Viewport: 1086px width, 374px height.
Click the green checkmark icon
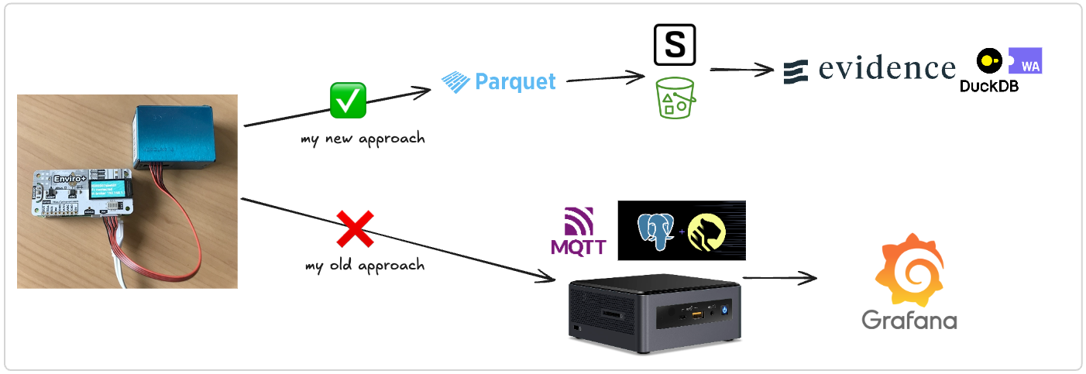coord(348,101)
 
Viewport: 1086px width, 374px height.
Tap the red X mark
coord(355,230)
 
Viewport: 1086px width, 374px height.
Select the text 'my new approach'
coord(363,139)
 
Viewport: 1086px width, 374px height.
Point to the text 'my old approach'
coord(365,266)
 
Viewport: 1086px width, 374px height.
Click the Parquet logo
coord(499,81)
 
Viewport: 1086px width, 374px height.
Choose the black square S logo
coord(675,45)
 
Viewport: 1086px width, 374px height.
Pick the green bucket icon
coord(675,98)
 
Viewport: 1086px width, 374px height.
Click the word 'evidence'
coord(887,69)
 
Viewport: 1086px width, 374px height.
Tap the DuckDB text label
coord(988,86)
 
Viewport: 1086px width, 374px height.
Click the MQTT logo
coord(573,232)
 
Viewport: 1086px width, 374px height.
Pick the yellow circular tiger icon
coord(706,231)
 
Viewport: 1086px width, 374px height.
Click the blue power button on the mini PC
coord(724,308)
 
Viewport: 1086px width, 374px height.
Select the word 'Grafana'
coord(909,319)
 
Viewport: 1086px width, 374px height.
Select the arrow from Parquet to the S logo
coord(606,77)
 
